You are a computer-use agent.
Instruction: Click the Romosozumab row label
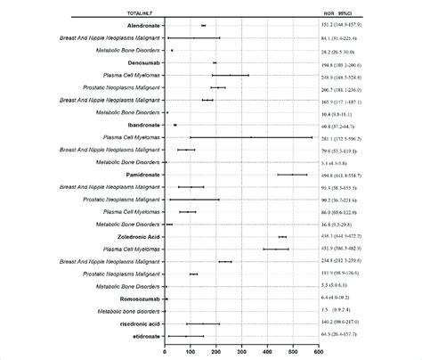pyautogui.click(x=140, y=299)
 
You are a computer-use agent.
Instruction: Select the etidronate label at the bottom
pyautogui.click(x=147, y=336)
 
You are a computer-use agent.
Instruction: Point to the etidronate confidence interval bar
pyautogui.click(x=185, y=336)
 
